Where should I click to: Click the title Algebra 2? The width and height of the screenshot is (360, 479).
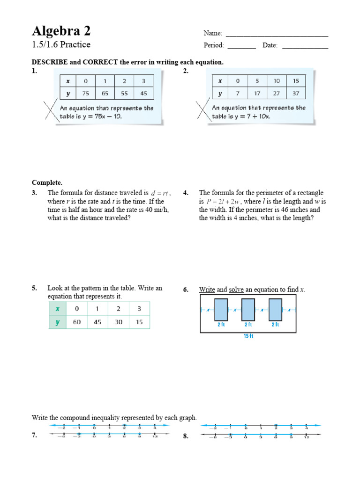click(x=61, y=31)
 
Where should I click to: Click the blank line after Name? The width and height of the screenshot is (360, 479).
click(x=277, y=35)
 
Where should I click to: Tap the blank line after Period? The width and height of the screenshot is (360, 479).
click(x=242, y=48)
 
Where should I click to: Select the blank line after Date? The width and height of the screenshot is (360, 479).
click(x=305, y=48)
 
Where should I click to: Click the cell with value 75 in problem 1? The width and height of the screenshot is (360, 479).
click(x=86, y=93)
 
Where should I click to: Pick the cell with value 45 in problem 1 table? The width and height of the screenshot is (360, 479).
click(x=143, y=93)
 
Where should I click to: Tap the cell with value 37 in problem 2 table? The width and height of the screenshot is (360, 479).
click(x=295, y=93)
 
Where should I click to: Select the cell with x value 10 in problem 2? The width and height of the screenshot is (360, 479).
click(x=277, y=80)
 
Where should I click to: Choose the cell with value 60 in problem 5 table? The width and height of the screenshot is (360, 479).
click(x=76, y=322)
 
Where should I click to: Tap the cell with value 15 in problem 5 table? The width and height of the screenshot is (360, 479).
click(x=140, y=322)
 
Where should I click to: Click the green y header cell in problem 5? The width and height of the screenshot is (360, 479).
click(x=57, y=322)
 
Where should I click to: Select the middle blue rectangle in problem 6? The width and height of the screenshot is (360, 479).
click(x=248, y=310)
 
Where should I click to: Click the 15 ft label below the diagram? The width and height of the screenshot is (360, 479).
click(x=248, y=336)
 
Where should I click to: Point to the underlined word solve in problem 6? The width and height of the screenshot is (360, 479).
click(x=236, y=290)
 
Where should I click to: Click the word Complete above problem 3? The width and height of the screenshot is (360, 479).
click(x=47, y=182)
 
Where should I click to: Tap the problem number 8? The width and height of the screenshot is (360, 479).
click(x=186, y=436)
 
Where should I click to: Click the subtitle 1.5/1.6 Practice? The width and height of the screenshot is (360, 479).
click(x=61, y=45)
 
